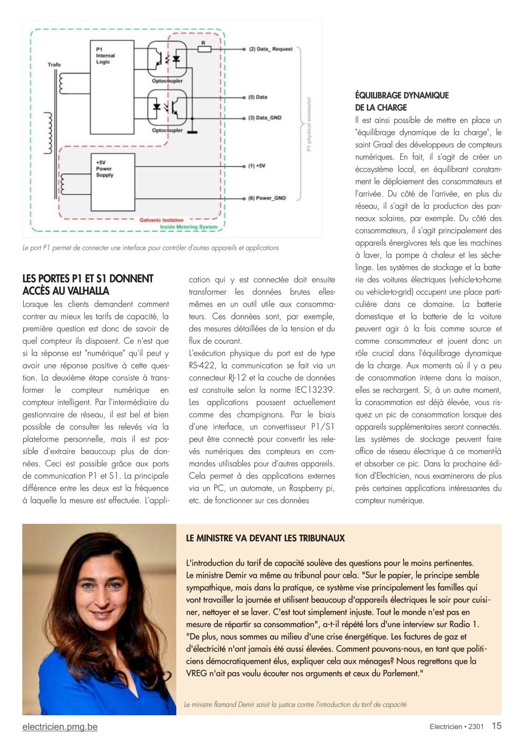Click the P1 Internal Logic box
pyautogui.click(x=111, y=87)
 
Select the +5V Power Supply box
pyautogui.click(x=112, y=182)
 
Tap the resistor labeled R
pyautogui.click(x=204, y=49)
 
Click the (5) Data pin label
pyautogui.click(x=258, y=97)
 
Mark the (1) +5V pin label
pyautogui.click(x=257, y=166)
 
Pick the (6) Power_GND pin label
pyautogui.click(x=267, y=198)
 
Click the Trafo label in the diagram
pyautogui.click(x=54, y=64)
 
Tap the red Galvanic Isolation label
pyautogui.click(x=161, y=220)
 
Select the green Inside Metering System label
pyautogui.click(x=188, y=227)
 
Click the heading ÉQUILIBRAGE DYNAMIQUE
pyautogui.click(x=402, y=95)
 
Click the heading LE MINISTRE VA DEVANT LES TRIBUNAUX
pyautogui.click(x=265, y=538)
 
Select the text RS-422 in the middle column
pyautogui.click(x=201, y=366)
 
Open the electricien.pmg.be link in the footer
pyautogui.click(x=60, y=727)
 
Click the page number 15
pyautogui.click(x=496, y=726)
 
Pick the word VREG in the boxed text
pyautogui.click(x=197, y=673)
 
